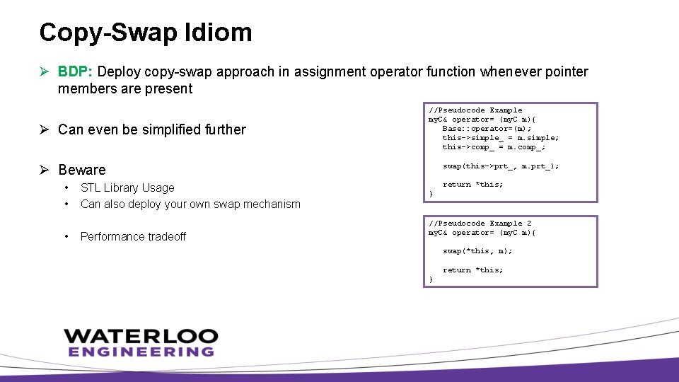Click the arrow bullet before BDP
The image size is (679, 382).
(x=45, y=71)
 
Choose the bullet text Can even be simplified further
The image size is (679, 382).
(x=152, y=129)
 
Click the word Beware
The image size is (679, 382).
(x=82, y=170)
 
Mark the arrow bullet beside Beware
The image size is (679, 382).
(x=45, y=170)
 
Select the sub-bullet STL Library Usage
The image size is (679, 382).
(x=127, y=187)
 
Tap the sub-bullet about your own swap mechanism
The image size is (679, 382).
(x=190, y=204)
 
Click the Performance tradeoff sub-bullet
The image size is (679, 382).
(x=133, y=236)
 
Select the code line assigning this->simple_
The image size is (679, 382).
(x=500, y=138)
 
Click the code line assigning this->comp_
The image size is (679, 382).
(x=494, y=147)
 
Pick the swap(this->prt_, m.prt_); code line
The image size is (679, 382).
(x=500, y=166)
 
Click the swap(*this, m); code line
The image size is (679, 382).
(x=477, y=251)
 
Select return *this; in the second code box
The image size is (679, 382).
(x=472, y=270)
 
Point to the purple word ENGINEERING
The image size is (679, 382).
(x=141, y=352)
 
